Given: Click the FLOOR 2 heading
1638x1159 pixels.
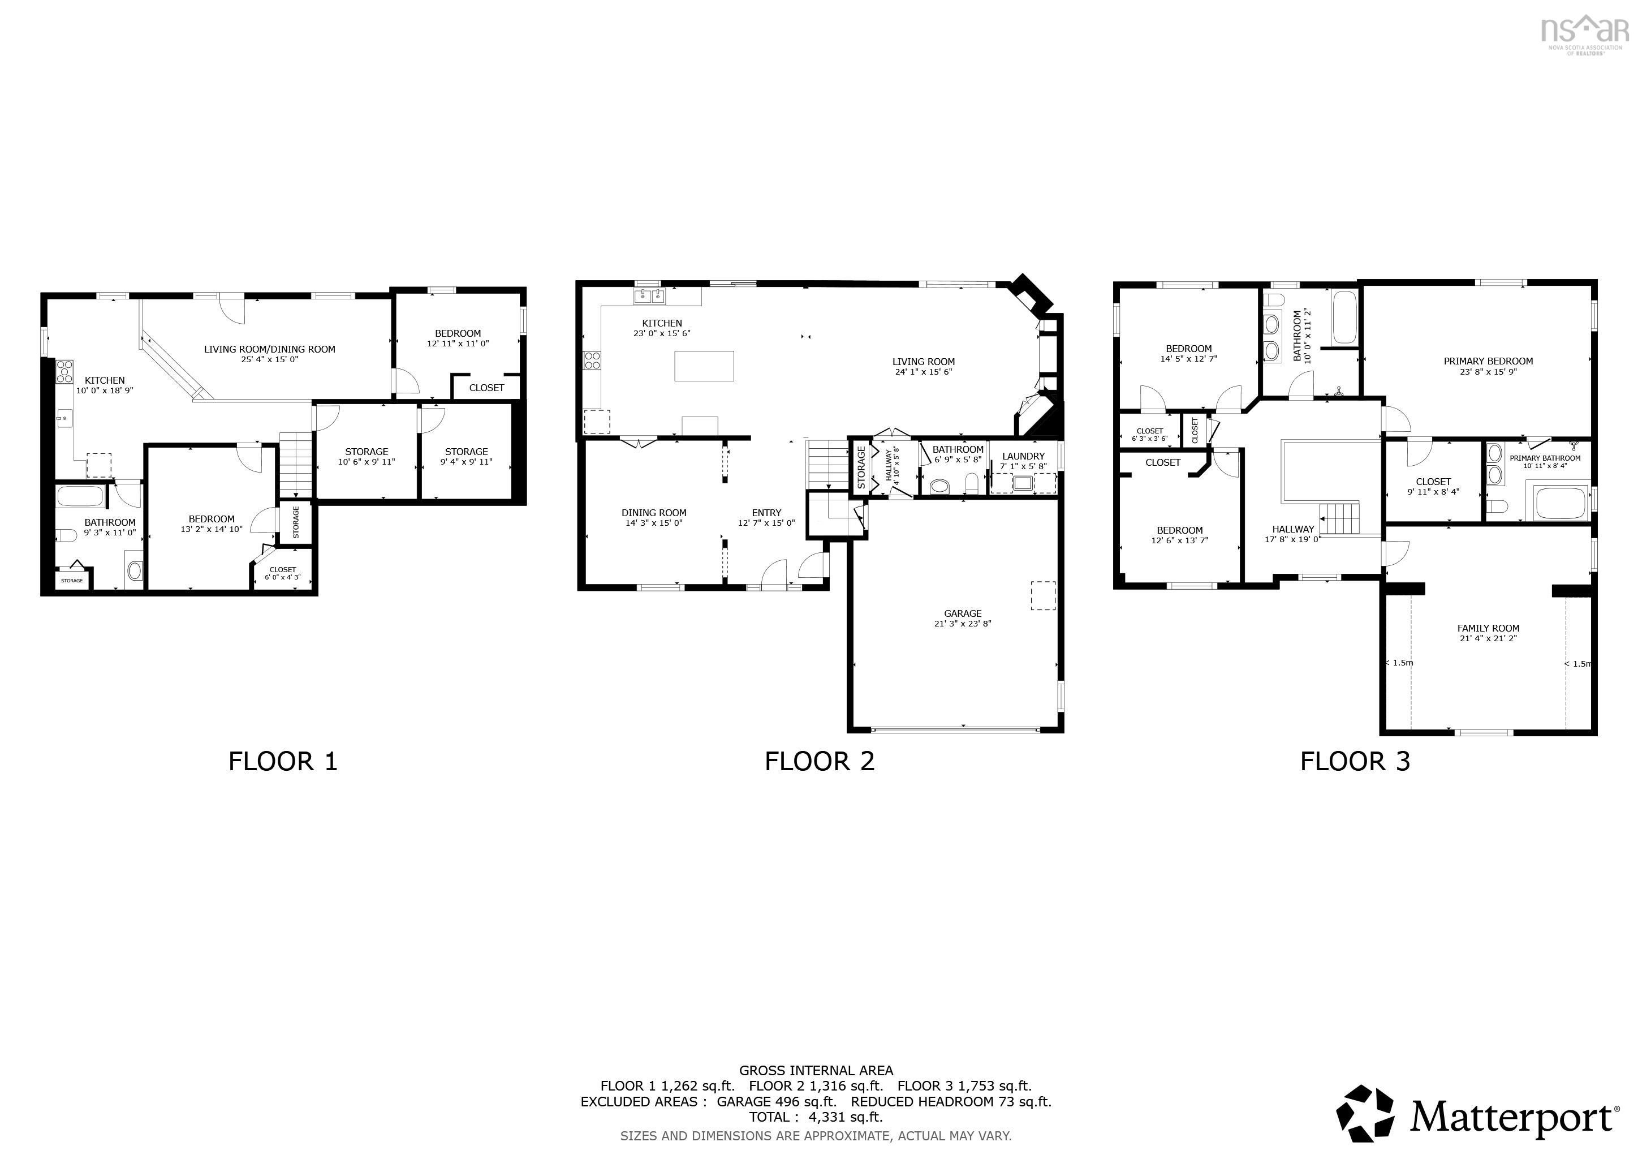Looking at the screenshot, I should [819, 762].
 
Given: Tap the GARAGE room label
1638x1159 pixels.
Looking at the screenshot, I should [963, 613].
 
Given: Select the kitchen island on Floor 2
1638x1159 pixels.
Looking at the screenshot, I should [704, 366].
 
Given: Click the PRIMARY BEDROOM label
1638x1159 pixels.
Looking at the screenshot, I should [1488, 361].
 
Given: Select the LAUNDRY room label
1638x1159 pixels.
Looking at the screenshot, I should [1023, 456].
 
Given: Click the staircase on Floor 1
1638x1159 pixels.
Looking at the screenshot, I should [295, 464].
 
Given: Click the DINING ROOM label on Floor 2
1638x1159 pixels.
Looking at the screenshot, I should [653, 512].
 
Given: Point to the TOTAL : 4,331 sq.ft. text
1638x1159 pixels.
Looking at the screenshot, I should [816, 1117].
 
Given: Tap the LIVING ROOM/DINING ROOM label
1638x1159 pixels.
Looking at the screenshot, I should [270, 349].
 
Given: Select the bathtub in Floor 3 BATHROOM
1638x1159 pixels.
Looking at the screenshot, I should [1345, 317].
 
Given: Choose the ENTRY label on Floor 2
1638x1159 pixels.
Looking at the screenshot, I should [766, 512].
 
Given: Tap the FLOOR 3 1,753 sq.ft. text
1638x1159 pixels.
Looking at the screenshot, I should [964, 1086].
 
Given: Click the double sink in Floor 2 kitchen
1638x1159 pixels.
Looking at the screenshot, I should [649, 295].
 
